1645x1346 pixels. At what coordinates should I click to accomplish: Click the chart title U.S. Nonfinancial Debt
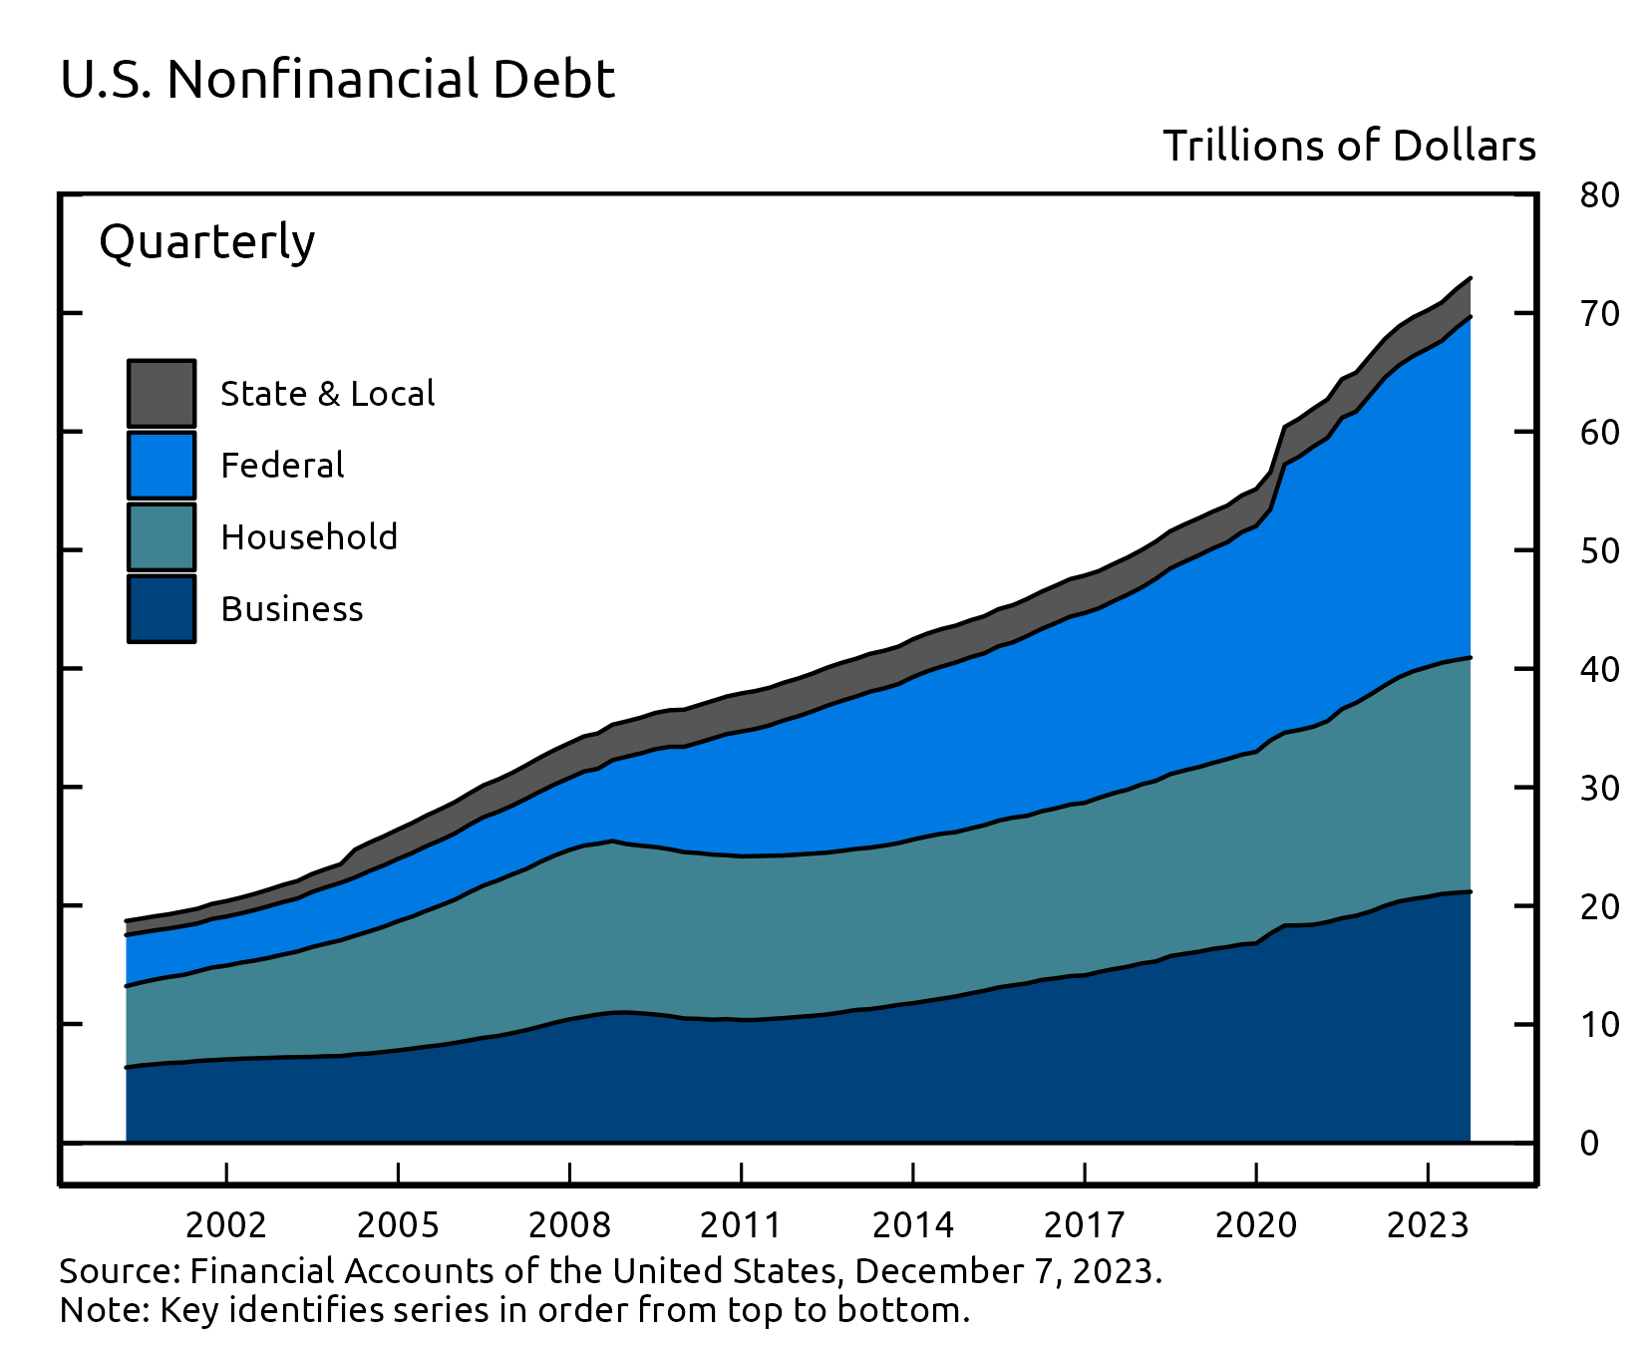[x=337, y=80]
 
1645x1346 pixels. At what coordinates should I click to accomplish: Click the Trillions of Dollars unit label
[x=1349, y=147]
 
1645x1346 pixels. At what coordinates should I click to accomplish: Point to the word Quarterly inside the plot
[x=207, y=242]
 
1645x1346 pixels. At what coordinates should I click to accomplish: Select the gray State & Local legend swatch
[x=162, y=394]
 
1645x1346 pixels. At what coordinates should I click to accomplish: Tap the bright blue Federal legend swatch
[x=162, y=466]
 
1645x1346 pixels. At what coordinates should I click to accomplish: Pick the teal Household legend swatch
[x=162, y=537]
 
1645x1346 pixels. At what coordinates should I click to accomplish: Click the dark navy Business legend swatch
[x=162, y=609]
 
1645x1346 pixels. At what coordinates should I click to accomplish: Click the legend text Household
[x=309, y=537]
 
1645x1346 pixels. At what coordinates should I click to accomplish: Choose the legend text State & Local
[x=327, y=394]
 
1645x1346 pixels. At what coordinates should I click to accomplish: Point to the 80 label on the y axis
[x=1599, y=195]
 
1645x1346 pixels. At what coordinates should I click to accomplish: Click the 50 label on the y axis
[x=1599, y=551]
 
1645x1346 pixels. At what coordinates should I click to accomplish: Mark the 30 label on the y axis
[x=1599, y=789]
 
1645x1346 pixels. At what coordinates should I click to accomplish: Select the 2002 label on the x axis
[x=226, y=1225]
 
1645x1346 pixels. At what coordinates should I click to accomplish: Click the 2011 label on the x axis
[x=741, y=1225]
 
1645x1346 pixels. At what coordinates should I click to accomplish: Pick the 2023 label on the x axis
[x=1428, y=1225]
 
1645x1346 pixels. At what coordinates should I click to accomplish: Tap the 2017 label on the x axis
[x=1084, y=1225]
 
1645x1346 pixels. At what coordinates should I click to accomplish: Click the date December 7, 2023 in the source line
[x=1006, y=1271]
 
